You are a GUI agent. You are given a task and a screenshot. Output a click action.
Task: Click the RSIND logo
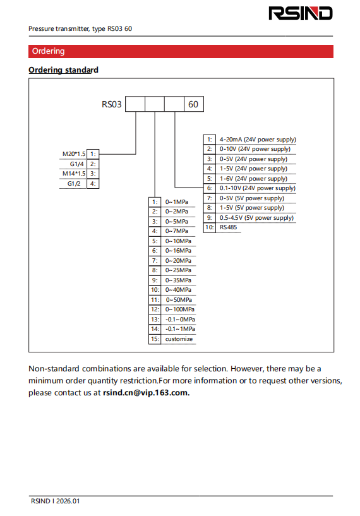tap(301, 13)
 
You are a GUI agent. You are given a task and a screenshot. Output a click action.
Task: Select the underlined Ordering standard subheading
tap(64, 69)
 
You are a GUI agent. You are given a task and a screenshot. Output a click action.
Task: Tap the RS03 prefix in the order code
tap(112, 104)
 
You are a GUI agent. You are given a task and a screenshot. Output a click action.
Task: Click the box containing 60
tap(194, 104)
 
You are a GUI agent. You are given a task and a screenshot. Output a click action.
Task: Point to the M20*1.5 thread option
tap(74, 153)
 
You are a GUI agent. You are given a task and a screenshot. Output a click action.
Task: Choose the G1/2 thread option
tap(74, 184)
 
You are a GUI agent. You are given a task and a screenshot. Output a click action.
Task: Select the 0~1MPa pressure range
tap(177, 201)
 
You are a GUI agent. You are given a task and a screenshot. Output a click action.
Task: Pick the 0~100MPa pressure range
tap(179, 309)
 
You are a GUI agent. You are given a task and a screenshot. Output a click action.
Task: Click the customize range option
tap(179, 339)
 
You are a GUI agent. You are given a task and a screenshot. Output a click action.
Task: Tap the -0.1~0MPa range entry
tap(180, 319)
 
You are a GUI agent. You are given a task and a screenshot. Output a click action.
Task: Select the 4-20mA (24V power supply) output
tap(258, 139)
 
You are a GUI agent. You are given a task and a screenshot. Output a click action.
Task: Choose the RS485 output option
tap(229, 227)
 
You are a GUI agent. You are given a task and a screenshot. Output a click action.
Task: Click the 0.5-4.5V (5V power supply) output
tap(256, 217)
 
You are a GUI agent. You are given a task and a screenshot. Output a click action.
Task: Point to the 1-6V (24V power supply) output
tap(253, 178)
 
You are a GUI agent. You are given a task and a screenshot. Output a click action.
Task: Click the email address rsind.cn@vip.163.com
tap(146, 393)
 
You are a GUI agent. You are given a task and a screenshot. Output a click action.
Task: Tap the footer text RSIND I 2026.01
tap(56, 501)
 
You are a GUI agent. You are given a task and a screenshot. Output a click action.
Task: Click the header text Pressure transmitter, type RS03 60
tap(80, 28)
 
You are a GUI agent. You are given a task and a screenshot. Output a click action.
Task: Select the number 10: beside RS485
tap(210, 227)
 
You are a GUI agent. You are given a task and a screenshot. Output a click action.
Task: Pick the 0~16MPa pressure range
tap(178, 251)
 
